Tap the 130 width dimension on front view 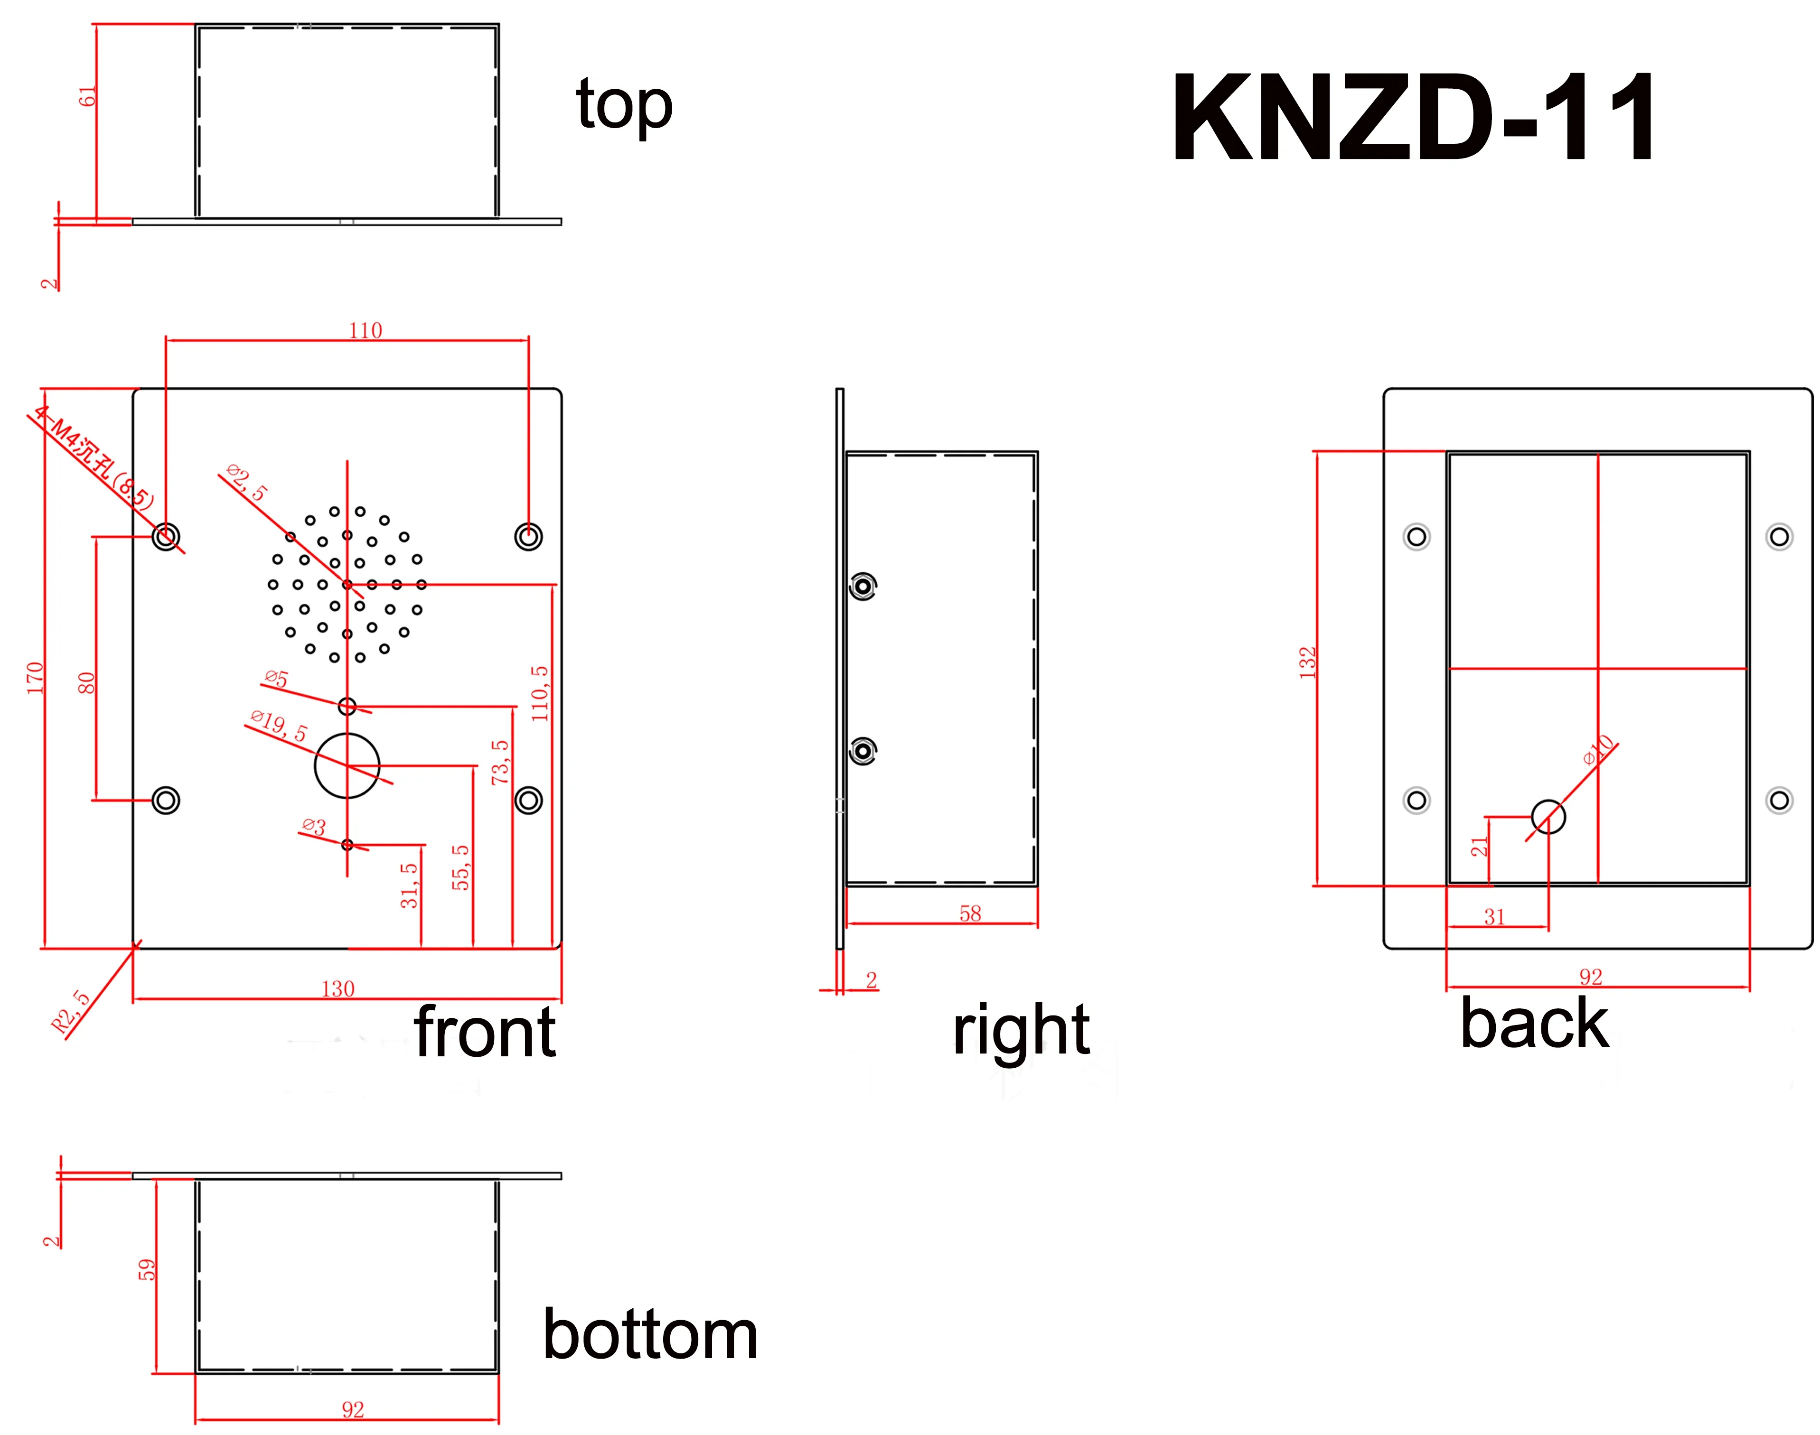tap(338, 989)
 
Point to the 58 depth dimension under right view tap(970, 913)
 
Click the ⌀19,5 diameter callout tap(279, 726)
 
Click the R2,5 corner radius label tap(71, 1012)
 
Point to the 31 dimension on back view tap(1494, 917)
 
